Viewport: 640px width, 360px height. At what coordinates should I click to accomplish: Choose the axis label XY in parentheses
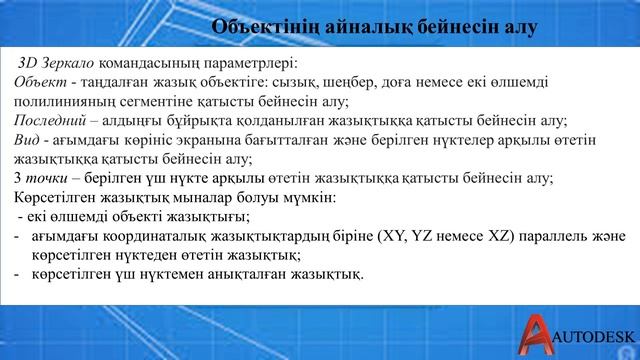pyautogui.click(x=393, y=236)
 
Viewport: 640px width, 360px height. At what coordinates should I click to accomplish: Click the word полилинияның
pyautogui.click(x=67, y=101)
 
